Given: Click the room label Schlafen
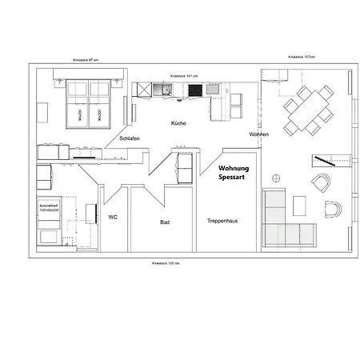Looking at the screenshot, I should (130, 138).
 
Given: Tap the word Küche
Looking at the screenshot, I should (178, 124).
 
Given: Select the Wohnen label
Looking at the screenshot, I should (258, 134).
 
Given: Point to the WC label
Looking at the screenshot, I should (113, 216).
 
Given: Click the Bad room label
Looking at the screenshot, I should (164, 222).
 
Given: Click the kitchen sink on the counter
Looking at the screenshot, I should (166, 90).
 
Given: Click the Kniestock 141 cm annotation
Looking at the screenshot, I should (184, 76).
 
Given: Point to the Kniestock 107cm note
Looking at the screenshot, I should (302, 58).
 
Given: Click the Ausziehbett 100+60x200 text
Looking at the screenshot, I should (49, 210).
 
